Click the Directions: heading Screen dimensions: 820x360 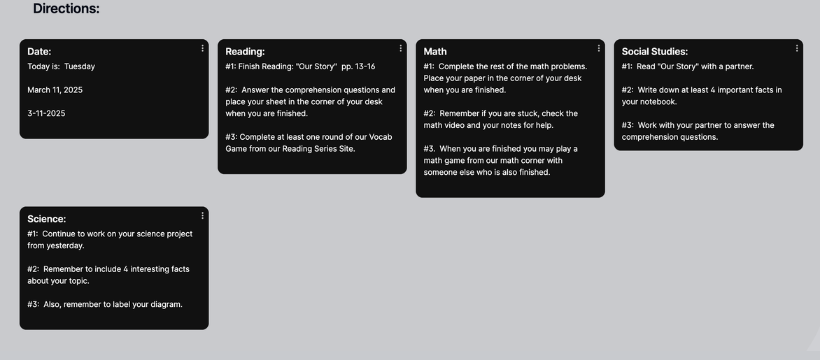(65, 9)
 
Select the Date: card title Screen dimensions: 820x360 (39, 51)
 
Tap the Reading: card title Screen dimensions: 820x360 (245, 51)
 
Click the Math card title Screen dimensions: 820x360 (435, 51)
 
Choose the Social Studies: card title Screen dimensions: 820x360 (655, 51)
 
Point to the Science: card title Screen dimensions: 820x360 (47, 218)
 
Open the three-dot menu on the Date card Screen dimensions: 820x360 (203, 48)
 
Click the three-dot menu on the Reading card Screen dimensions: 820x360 (401, 48)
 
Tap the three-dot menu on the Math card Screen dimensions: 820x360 (599, 48)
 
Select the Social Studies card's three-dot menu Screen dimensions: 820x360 (797, 48)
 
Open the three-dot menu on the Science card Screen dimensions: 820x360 (203, 215)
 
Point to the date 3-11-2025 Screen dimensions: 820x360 (46, 114)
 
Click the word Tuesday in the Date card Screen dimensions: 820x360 (79, 67)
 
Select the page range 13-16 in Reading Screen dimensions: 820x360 (363, 67)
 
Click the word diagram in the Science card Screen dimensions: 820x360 (163, 304)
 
